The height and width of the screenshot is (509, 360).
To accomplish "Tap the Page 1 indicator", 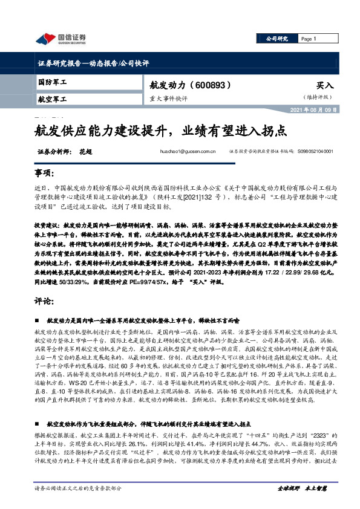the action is (309, 39).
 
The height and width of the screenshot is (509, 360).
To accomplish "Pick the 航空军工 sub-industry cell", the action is (53, 98).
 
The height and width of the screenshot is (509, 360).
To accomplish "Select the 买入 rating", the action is (326, 86).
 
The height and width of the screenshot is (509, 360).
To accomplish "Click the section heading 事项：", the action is (45, 174).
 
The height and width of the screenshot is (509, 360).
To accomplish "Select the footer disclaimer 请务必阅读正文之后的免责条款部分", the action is (79, 487).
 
